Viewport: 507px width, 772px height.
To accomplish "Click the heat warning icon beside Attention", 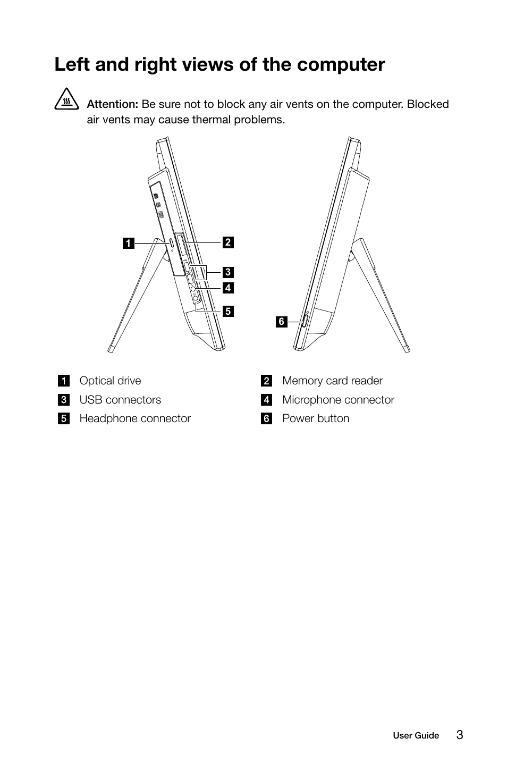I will tap(66, 102).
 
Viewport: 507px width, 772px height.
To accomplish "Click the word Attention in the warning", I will tap(112, 104).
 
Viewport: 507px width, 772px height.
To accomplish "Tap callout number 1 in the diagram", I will tap(128, 244).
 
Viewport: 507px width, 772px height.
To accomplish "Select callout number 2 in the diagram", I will tap(227, 242).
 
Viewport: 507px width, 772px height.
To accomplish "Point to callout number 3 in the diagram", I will tap(227, 272).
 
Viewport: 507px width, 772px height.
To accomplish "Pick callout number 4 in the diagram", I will tap(227, 288).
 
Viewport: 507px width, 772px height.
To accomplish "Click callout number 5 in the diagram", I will tap(227, 311).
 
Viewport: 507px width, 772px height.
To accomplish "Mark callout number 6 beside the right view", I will tap(282, 321).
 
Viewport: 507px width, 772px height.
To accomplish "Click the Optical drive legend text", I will tap(110, 381).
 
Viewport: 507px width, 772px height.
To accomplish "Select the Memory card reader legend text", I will tap(332, 381).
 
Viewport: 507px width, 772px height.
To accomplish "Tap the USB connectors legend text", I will tap(120, 400).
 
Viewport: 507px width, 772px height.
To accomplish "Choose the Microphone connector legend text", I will tap(338, 400).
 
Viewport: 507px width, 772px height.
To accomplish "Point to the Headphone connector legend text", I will tap(135, 418).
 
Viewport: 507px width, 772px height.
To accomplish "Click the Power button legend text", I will tap(316, 418).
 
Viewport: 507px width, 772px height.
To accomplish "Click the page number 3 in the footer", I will tap(459, 735).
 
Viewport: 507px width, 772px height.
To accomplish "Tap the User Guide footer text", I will tap(416, 736).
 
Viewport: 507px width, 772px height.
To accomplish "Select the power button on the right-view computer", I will tap(305, 321).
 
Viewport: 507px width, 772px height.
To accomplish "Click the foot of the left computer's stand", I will tap(111, 348).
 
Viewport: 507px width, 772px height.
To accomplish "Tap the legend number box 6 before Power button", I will tap(266, 419).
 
